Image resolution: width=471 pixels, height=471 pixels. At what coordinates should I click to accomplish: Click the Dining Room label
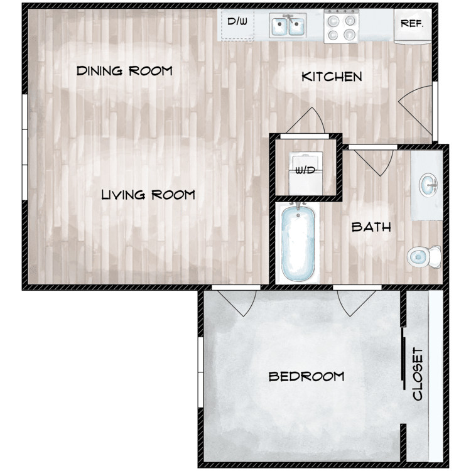click(x=124, y=70)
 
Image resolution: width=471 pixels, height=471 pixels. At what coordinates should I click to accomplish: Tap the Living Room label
click(x=148, y=195)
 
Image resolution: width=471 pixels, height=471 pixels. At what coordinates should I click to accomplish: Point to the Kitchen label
click(x=332, y=77)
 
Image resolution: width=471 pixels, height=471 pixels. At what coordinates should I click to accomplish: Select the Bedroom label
click(x=306, y=376)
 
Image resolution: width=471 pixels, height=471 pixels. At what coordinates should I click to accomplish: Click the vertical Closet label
click(x=418, y=374)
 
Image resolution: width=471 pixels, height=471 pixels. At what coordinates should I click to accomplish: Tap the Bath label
click(x=371, y=227)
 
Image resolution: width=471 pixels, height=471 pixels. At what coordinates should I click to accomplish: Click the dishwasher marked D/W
click(x=237, y=24)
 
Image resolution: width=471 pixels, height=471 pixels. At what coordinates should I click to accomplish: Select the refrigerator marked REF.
click(x=413, y=26)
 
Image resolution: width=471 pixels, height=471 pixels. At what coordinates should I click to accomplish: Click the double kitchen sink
click(x=288, y=26)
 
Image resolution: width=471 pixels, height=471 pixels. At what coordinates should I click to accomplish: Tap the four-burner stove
click(x=341, y=26)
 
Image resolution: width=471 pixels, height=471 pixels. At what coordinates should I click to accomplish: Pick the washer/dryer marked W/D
click(x=305, y=173)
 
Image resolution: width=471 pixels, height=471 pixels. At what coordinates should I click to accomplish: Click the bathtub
click(x=298, y=243)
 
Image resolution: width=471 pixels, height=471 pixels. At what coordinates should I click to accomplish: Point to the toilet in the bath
click(x=424, y=257)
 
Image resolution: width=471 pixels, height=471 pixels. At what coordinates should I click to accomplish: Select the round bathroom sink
click(x=428, y=185)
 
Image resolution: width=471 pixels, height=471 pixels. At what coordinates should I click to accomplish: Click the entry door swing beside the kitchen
click(x=417, y=110)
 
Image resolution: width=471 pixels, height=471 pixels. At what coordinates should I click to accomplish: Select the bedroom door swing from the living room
click(x=237, y=303)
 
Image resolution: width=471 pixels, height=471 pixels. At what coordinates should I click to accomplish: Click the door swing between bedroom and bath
click(x=357, y=303)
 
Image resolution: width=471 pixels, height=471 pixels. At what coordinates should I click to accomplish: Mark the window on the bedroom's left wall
click(x=200, y=372)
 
